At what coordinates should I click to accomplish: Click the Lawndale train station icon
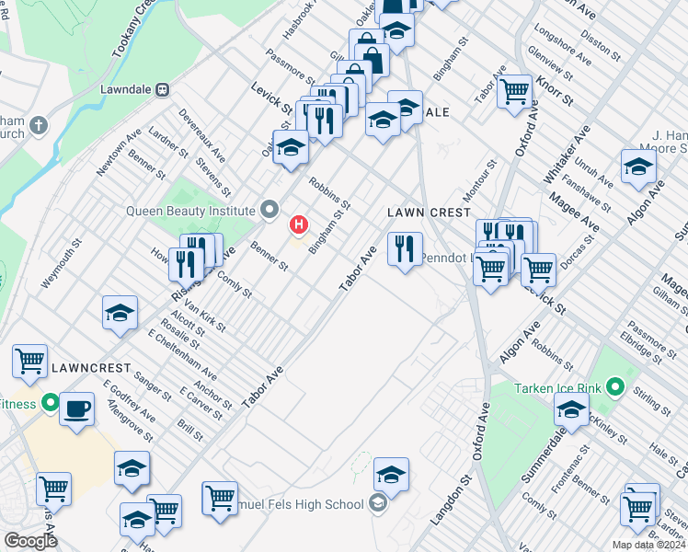pos(163,90)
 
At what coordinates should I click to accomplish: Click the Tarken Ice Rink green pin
pos(617,387)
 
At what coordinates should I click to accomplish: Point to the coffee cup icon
pos(77,407)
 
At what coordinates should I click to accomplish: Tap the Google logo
pos(29,541)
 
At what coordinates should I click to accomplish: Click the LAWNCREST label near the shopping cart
pos(86,368)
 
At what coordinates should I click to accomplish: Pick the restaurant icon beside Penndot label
pos(405,247)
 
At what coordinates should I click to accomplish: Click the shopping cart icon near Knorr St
pos(515,90)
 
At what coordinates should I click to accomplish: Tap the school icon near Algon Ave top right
pos(638,166)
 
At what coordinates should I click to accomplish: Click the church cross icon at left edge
pos(38,124)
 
